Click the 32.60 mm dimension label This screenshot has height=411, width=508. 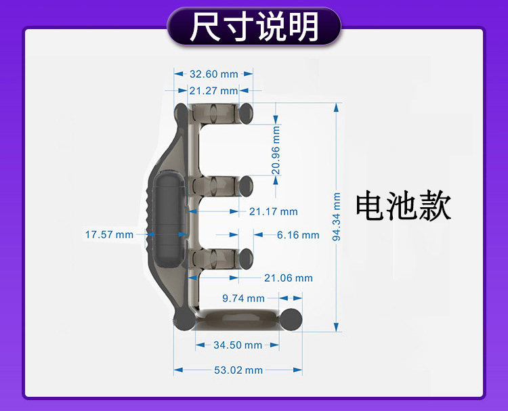pos(213,74)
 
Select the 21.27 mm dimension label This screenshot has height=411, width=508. pos(213,91)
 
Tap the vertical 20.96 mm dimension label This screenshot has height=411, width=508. pos(276,151)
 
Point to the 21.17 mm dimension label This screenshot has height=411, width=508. pos(273,212)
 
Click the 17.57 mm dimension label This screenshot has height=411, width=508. pos(109,234)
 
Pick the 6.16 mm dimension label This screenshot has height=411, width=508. pos(298,235)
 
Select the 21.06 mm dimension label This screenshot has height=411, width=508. pos(289,278)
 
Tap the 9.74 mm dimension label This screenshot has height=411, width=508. pos(244,298)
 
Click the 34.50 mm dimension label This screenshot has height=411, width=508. pos(238,345)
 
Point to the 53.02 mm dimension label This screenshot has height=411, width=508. pos(238,370)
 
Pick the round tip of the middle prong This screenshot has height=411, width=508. pos(245,183)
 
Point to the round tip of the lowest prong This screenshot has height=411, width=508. pos(246,257)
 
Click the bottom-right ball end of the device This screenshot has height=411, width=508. pos(292,318)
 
